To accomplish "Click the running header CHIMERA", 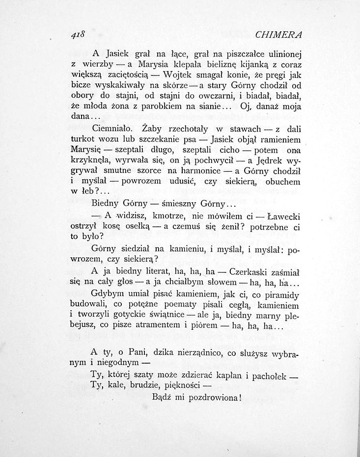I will [278, 35].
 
